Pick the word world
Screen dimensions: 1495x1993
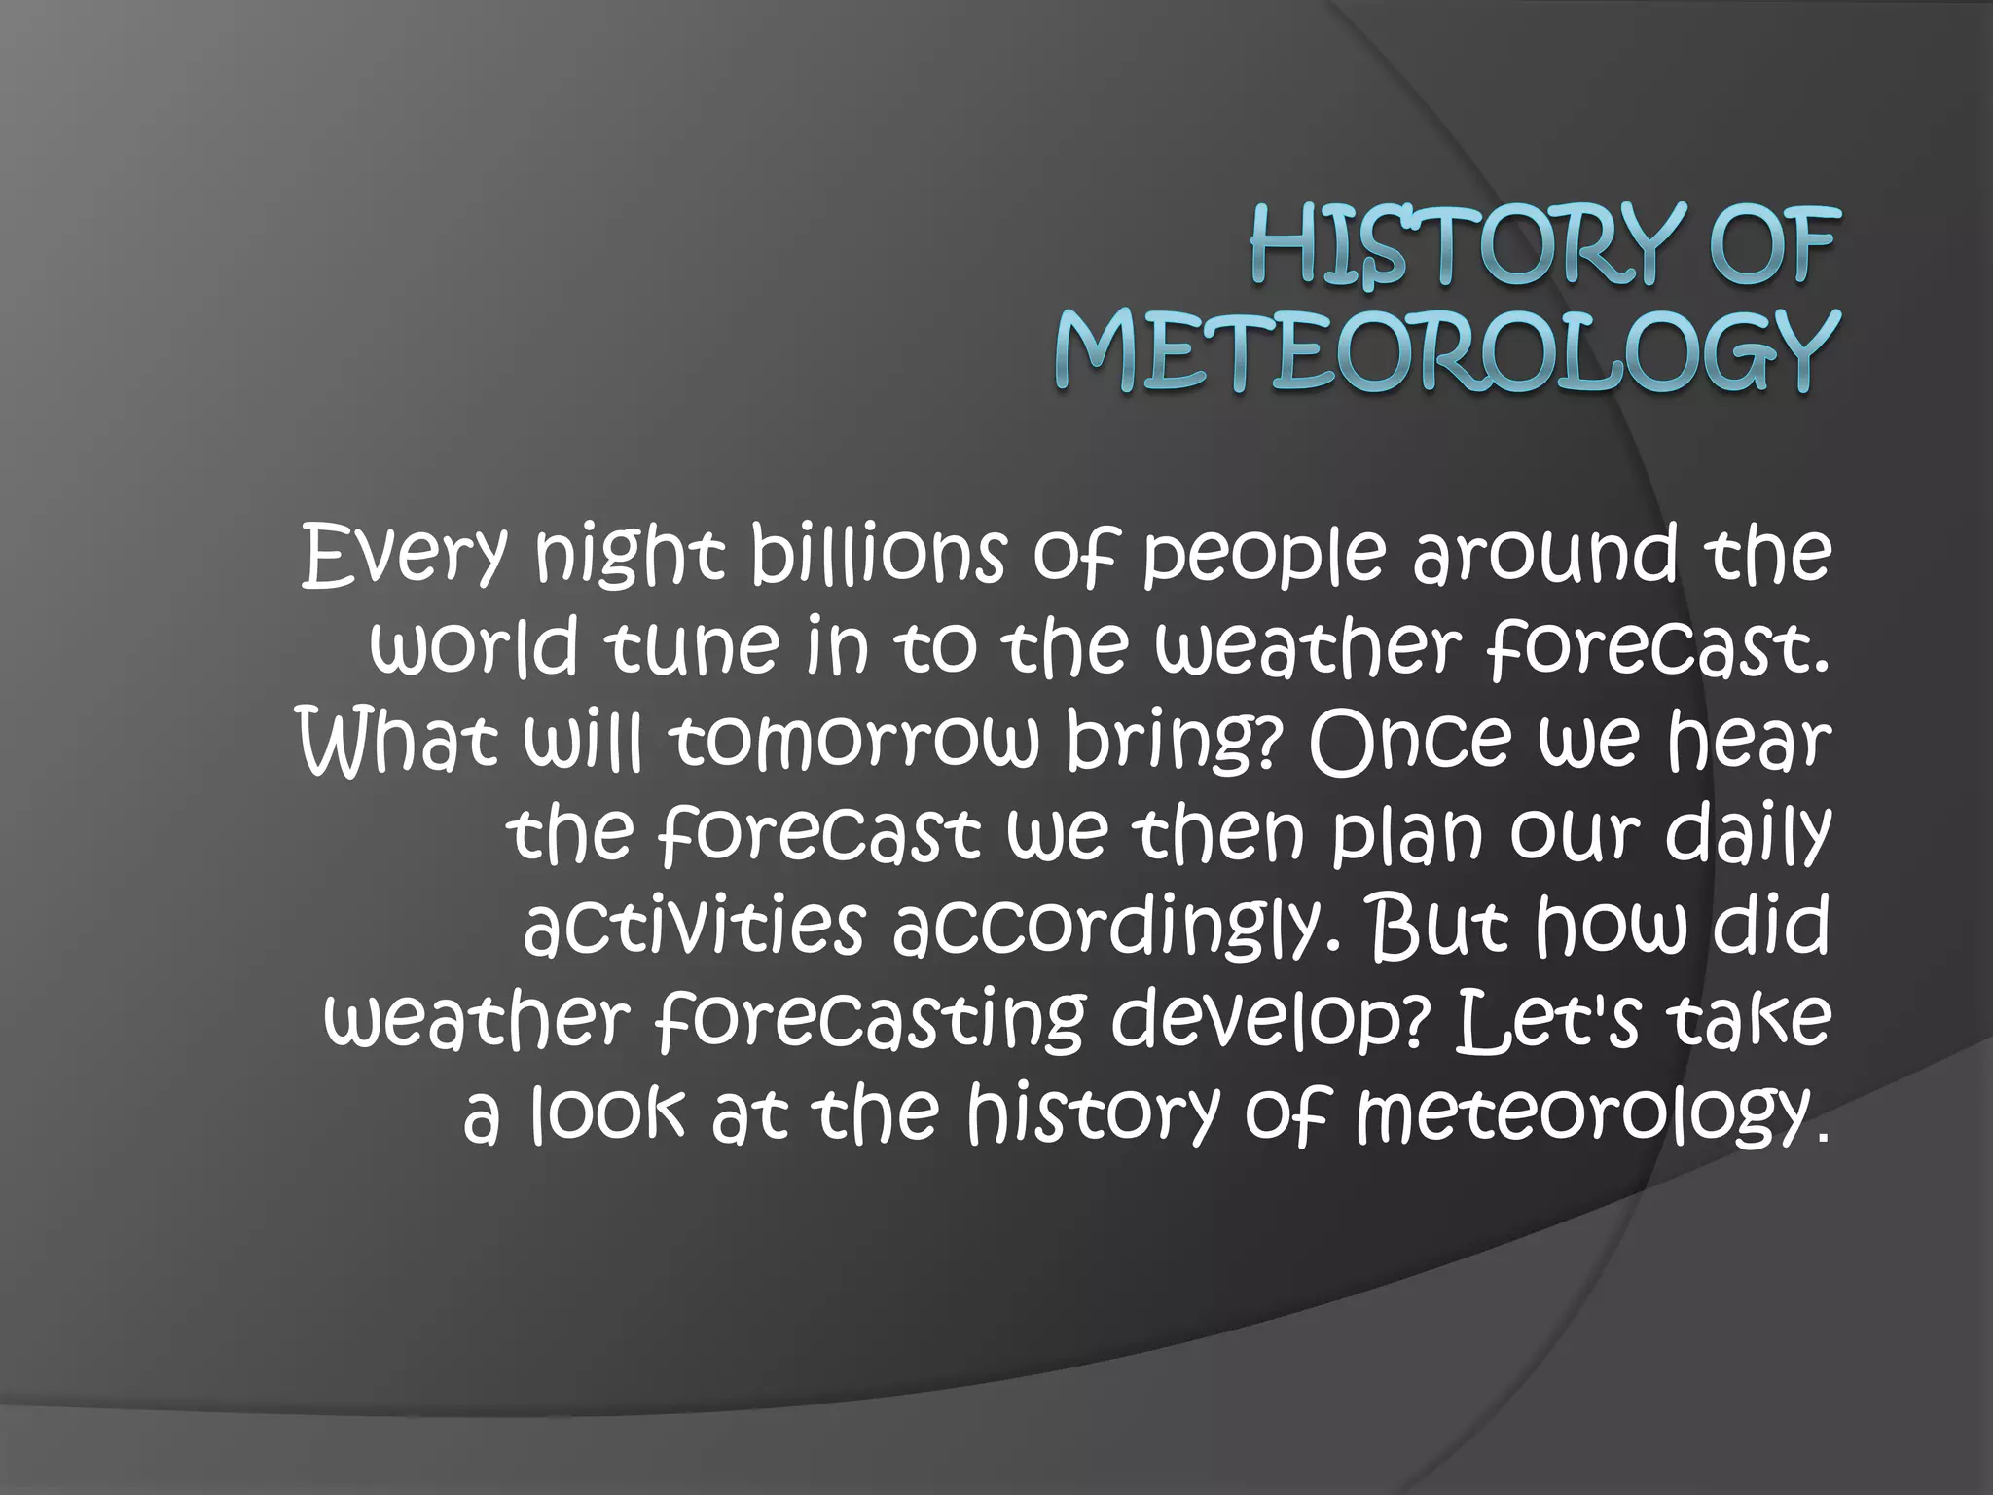tap(474, 646)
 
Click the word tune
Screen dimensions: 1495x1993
tap(692, 646)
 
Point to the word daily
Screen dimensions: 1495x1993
tap(1748, 835)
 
